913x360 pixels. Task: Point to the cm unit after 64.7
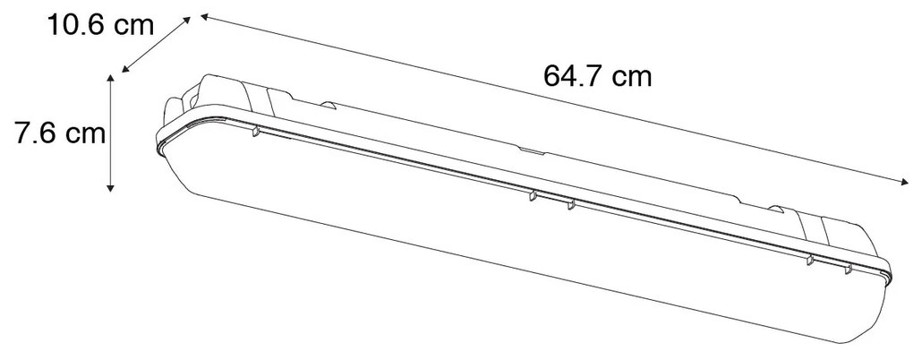click(x=632, y=76)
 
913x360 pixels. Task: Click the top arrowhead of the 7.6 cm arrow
click(x=110, y=79)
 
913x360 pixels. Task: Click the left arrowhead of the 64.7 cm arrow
click(x=203, y=17)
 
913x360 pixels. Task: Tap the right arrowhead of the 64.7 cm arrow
click(x=904, y=186)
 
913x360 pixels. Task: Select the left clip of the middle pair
click(x=532, y=195)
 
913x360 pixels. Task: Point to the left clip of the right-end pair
click(x=810, y=259)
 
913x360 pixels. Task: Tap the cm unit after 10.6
click(x=137, y=26)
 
